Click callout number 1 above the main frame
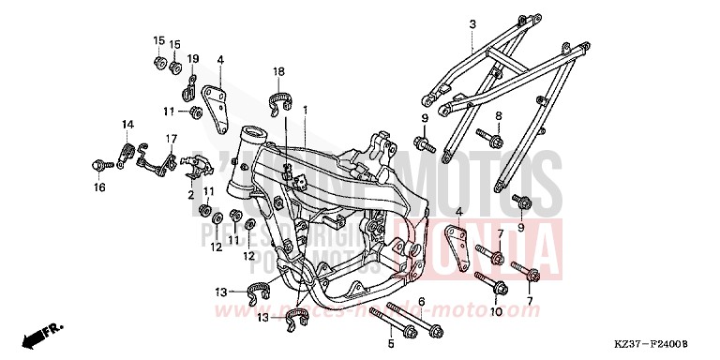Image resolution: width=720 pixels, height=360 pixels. [306, 111]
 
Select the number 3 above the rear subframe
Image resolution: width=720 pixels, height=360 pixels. [472, 24]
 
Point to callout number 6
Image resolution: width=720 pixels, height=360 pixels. [421, 301]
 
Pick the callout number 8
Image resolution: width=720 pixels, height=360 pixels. [499, 115]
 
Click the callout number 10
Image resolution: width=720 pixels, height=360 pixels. [498, 310]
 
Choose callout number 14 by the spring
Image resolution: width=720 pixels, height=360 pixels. [127, 124]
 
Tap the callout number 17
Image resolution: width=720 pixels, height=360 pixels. [172, 139]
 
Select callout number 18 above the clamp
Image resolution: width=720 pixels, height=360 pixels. [278, 71]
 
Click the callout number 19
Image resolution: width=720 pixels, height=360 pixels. [194, 59]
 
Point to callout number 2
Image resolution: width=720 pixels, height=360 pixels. [191, 194]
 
